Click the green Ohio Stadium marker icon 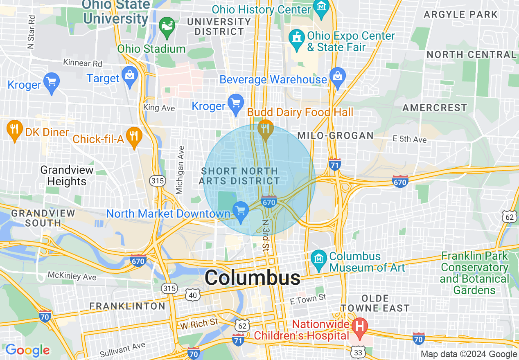click(167, 26)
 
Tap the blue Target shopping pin click(130, 76)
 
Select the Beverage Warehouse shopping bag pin click(338, 78)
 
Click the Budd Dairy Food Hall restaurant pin click(266, 130)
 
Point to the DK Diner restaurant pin click(15, 130)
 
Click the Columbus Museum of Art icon click(318, 258)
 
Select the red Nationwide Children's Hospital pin click(360, 327)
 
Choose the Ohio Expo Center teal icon click(295, 38)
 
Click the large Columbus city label click(253, 278)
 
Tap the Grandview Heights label click(67, 175)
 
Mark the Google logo click(27, 350)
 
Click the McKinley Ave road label click(72, 277)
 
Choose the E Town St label click(308, 299)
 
